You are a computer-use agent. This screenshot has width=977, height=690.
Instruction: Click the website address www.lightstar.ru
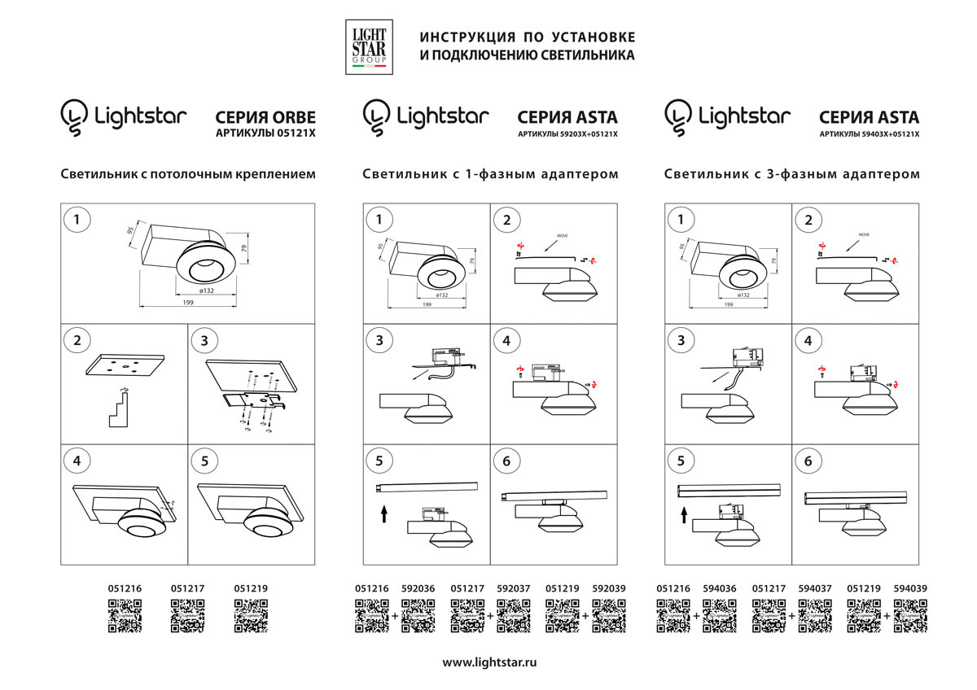point(489,662)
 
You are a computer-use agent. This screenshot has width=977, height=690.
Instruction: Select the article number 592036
point(418,587)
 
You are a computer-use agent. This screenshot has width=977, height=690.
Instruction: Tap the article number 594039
point(909,587)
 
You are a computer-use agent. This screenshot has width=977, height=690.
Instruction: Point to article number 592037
point(513,587)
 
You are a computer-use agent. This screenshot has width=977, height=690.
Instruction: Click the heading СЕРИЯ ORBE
point(265,118)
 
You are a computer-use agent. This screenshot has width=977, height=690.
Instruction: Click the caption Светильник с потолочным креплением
point(187,174)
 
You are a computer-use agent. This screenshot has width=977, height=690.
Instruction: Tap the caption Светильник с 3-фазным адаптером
point(792,174)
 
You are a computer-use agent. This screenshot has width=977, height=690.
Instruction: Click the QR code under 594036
point(719,616)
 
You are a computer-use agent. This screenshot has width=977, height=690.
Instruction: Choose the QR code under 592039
point(608,616)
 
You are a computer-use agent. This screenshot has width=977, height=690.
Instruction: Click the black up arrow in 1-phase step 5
point(381,514)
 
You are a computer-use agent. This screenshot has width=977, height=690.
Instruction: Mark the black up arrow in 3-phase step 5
point(685,515)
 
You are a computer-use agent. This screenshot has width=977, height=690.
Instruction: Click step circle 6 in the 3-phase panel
point(808,461)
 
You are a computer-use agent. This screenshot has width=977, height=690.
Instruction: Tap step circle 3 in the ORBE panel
point(204,340)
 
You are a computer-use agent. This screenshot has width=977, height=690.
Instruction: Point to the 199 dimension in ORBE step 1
point(188,303)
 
